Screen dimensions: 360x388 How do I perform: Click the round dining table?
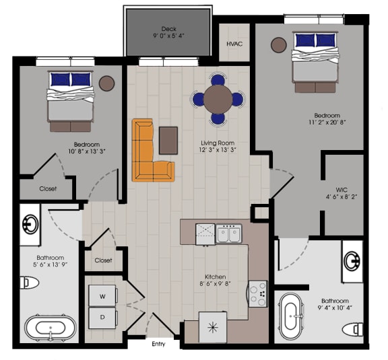click(218, 100)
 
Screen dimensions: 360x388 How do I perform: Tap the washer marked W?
click(103, 295)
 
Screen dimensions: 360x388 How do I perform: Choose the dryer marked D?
click(103, 316)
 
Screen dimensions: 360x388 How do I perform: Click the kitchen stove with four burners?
click(257, 293)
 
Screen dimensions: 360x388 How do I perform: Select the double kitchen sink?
click(228, 234)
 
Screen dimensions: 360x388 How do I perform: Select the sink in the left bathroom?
click(30, 224)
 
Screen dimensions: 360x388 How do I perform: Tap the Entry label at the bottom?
click(159, 344)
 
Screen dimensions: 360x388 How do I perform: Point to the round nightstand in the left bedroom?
click(106, 83)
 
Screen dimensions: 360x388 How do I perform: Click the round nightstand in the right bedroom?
click(279, 45)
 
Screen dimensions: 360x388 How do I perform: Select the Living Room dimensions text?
click(217, 151)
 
